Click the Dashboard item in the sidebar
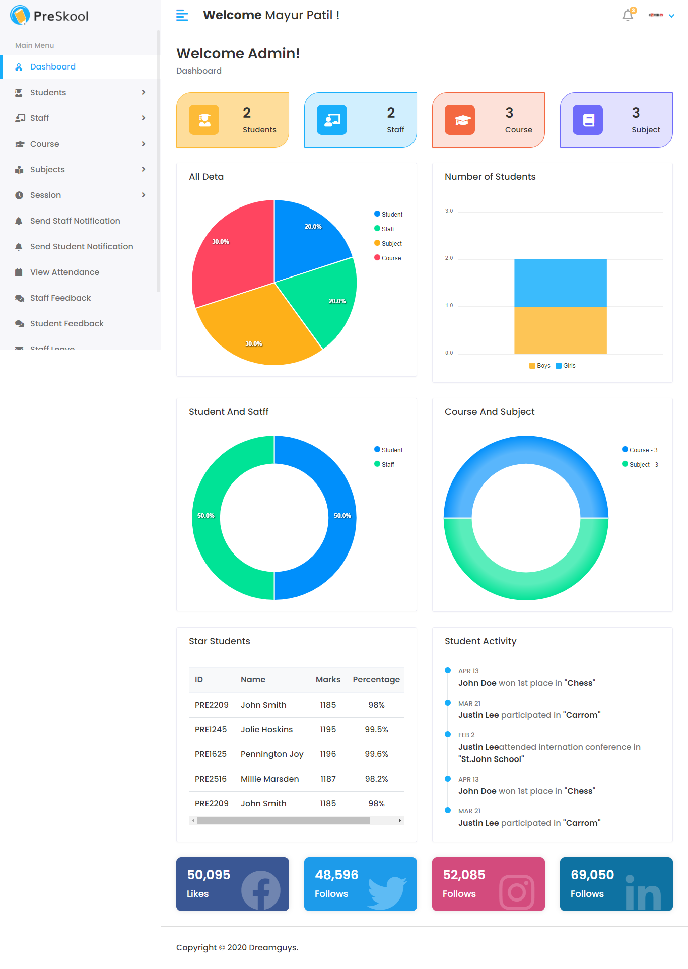[x=52, y=67]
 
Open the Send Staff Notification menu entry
[x=75, y=221]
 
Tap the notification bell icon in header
[x=628, y=16]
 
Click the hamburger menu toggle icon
[x=182, y=16]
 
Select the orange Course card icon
[x=459, y=120]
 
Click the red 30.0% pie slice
[x=232, y=252]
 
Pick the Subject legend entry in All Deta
[x=391, y=244]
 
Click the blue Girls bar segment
[x=560, y=283]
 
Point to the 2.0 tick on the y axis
[x=449, y=258]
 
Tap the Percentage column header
[x=376, y=680]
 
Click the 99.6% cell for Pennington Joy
[x=376, y=754]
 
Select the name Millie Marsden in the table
[x=269, y=779]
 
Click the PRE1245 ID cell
[x=211, y=730]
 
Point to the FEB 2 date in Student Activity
[x=466, y=735]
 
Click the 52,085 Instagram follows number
[x=464, y=875]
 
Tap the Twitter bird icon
[x=386, y=892]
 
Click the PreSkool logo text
[x=60, y=16]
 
